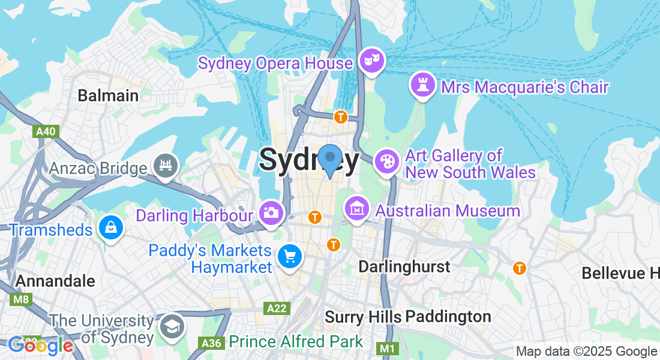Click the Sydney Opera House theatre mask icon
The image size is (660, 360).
coord(372,60)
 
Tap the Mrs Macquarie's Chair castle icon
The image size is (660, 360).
coord(422,85)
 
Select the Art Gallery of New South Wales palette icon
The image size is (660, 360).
coord(386,161)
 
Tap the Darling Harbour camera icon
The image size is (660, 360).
coord(271,212)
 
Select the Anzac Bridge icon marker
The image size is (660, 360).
coord(166,165)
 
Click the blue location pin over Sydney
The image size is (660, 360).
coord(329,160)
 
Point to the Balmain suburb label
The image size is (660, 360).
coord(108,95)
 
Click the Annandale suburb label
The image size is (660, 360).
coord(55,281)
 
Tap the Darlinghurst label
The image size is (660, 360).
coord(404,266)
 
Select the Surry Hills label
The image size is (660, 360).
coord(363,316)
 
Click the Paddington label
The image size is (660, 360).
coord(448,316)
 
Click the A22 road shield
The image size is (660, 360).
coord(277,308)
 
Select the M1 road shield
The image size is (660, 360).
coord(387,348)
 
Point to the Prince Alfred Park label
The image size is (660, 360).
coord(296,342)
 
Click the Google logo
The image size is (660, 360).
coord(40,345)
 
